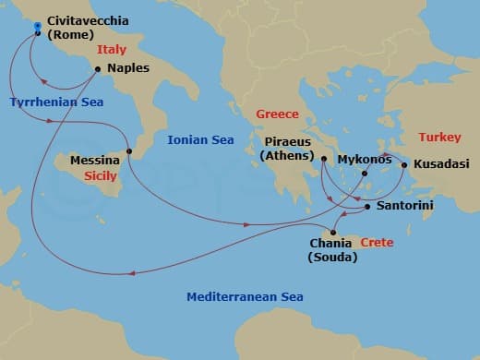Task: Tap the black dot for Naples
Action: coord(98,68)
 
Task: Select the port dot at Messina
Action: coord(129,151)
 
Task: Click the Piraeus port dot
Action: coord(324,159)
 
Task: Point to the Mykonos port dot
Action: coord(365,173)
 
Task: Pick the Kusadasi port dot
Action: coord(404,165)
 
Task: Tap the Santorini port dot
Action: coord(367,207)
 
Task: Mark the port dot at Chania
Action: coord(332,232)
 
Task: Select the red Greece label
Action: coord(277,114)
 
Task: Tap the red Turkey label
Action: coord(438,138)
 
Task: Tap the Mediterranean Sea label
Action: coord(245,297)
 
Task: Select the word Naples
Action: coord(128,68)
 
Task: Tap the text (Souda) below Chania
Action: coord(331,258)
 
